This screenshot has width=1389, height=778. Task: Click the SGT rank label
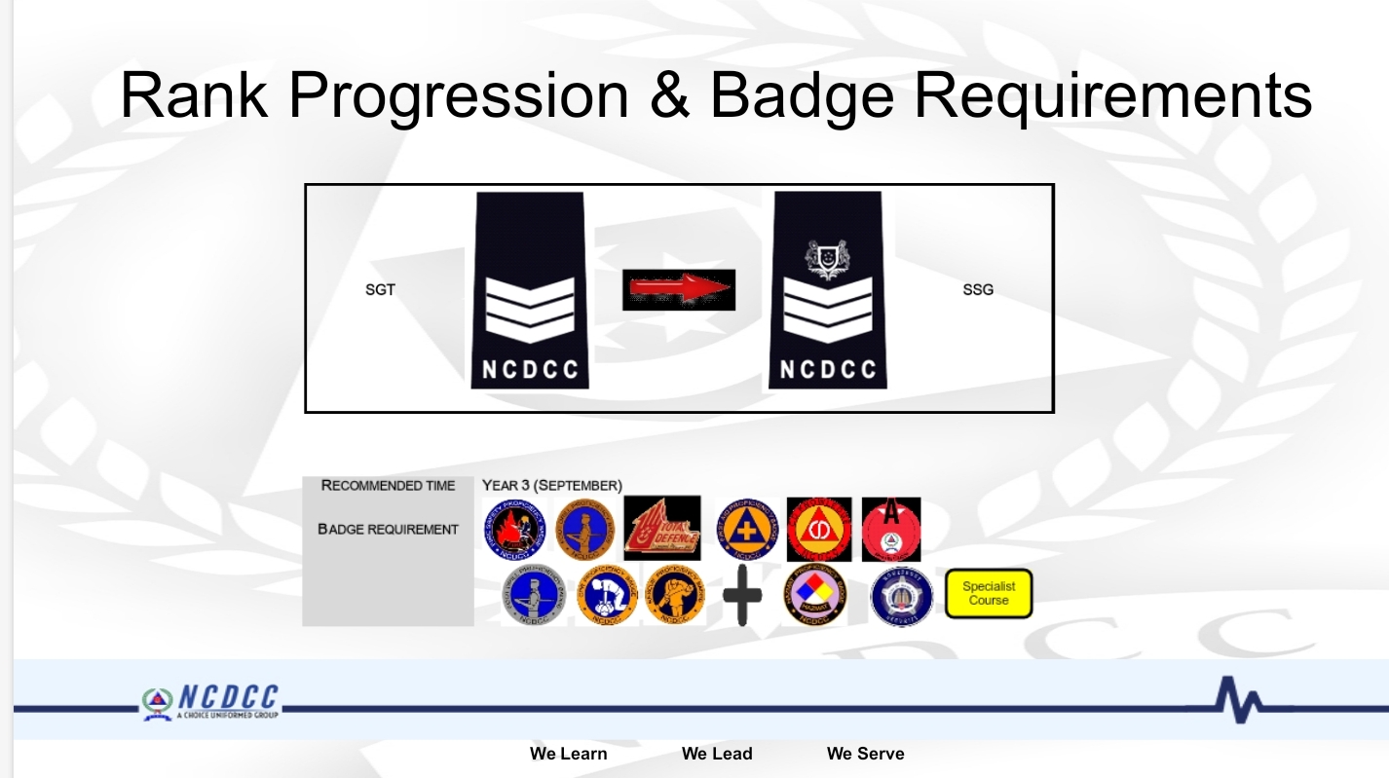[x=380, y=290]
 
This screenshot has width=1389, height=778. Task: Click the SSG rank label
[x=978, y=290]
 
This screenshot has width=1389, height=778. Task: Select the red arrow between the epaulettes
[x=679, y=289]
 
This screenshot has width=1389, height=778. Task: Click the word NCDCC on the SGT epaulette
[x=530, y=370]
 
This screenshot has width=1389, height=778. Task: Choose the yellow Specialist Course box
[x=988, y=594]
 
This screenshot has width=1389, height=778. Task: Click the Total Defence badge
[x=661, y=529]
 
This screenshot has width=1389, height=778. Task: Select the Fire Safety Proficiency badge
[x=515, y=529]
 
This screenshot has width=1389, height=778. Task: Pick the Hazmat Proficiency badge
[x=814, y=595]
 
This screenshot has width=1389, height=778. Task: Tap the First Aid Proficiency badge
[x=748, y=529]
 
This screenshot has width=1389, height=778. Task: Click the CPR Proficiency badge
[x=606, y=595]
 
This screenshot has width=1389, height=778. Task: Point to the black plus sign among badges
[x=742, y=595]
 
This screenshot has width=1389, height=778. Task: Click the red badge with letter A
[x=890, y=529]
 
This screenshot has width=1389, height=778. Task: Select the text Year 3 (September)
[x=551, y=486]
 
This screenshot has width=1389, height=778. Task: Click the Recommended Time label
[x=388, y=486]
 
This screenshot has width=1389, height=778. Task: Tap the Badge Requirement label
[x=388, y=530]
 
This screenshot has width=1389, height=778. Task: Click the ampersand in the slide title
[x=668, y=95]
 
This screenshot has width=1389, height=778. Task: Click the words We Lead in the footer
[x=717, y=754]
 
